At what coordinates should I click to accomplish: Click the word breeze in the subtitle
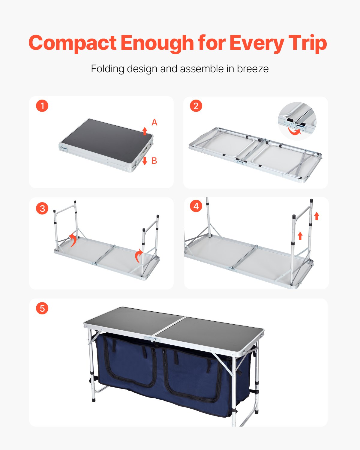click(x=253, y=69)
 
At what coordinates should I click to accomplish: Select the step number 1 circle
click(x=42, y=106)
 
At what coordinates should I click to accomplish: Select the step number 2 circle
click(x=196, y=106)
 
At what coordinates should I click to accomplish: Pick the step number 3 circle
click(x=42, y=208)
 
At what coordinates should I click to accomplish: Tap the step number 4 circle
click(x=196, y=206)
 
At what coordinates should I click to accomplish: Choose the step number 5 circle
click(x=42, y=308)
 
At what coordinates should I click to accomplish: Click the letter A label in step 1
click(x=154, y=122)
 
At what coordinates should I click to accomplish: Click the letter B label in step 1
click(x=154, y=161)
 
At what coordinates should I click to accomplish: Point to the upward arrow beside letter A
click(x=145, y=131)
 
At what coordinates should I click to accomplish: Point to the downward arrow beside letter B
click(x=145, y=161)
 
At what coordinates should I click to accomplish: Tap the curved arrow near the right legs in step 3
click(x=138, y=256)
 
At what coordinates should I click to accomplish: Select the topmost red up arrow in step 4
click(x=316, y=216)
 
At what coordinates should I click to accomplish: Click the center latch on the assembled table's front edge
click(x=153, y=339)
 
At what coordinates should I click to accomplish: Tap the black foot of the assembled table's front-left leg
click(x=93, y=400)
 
